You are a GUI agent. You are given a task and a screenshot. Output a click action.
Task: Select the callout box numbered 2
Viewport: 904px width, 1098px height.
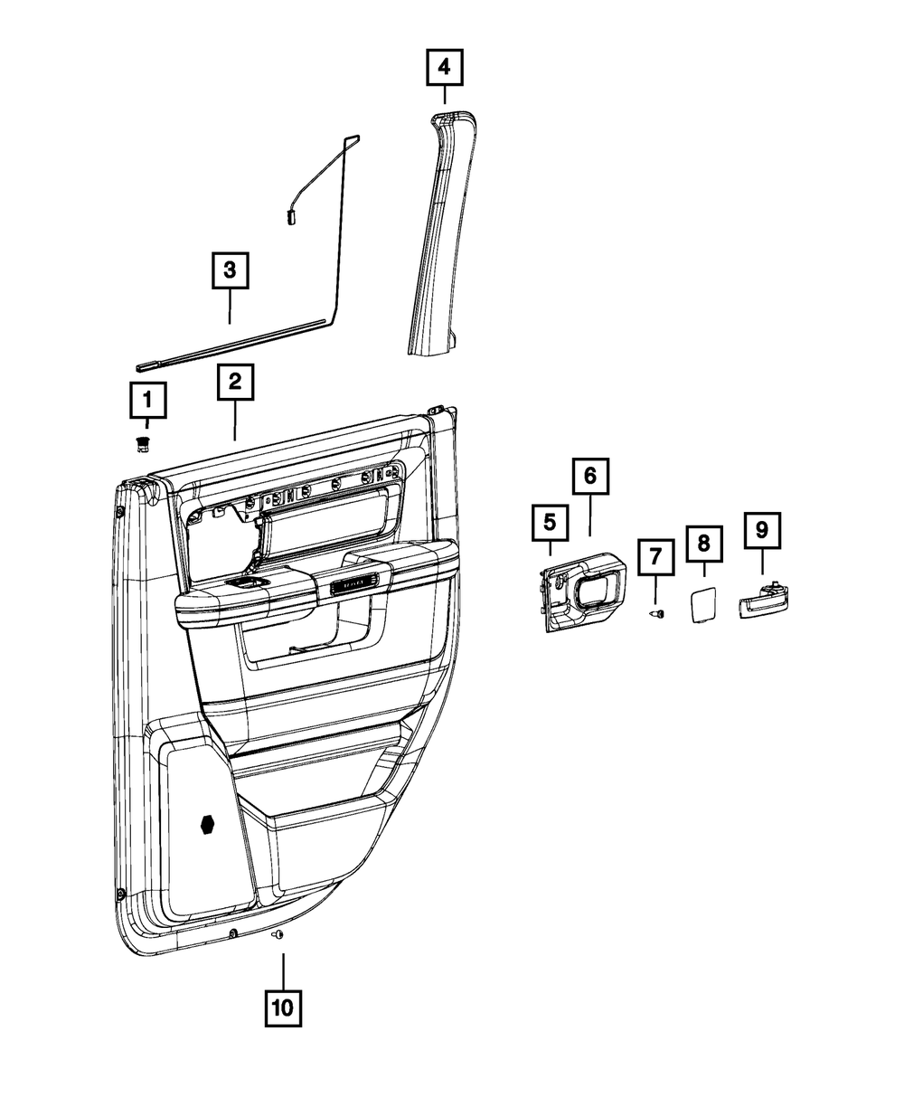(x=234, y=383)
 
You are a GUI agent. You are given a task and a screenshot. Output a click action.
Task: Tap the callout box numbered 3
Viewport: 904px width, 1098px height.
(x=229, y=269)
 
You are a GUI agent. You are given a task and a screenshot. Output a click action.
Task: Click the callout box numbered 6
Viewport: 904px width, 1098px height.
(x=589, y=474)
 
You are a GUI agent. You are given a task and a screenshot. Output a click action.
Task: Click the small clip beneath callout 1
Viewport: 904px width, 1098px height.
(x=141, y=442)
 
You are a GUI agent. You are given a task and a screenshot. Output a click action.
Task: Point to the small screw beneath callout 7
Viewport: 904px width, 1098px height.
(x=657, y=614)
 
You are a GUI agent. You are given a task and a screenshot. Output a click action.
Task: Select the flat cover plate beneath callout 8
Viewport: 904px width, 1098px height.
(x=703, y=604)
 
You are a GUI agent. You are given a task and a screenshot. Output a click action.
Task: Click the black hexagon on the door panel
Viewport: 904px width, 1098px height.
(x=209, y=824)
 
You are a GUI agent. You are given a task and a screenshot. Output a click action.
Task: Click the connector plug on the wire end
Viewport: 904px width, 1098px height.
(x=293, y=215)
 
